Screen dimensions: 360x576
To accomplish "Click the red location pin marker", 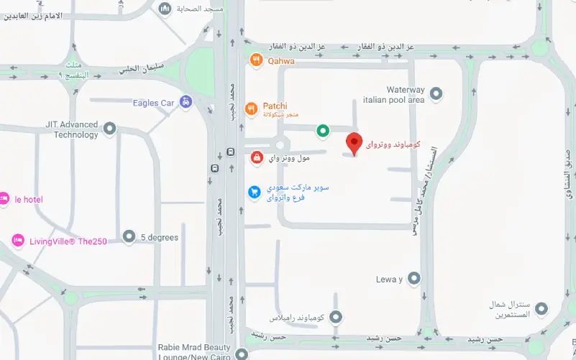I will (x=353, y=142).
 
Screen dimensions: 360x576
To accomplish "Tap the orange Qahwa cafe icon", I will (x=255, y=60).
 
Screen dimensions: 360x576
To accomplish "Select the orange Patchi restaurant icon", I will (x=250, y=109).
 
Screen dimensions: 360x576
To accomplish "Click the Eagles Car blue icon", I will (x=186, y=102).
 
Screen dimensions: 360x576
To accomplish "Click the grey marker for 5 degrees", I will (x=129, y=236).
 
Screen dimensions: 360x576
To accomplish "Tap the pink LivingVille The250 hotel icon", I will (x=18, y=241).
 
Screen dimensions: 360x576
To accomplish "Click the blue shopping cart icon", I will (x=254, y=192).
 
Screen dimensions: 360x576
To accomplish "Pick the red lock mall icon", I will (x=257, y=157).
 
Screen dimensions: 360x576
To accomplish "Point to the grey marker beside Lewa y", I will (x=413, y=279).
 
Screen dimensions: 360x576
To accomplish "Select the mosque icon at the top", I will (x=165, y=8).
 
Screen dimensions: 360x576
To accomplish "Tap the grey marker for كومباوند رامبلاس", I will (x=336, y=317).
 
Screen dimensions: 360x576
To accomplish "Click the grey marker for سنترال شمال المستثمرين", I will (x=542, y=309).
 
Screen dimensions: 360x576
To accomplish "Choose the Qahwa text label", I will (x=280, y=61).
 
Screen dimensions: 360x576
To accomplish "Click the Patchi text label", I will (x=274, y=106).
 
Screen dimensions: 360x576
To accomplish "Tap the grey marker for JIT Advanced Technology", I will (x=109, y=129).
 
